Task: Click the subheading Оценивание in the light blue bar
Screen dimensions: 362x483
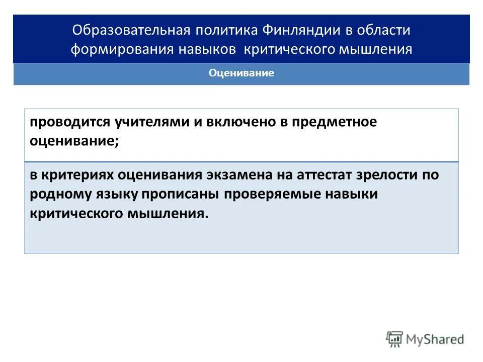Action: (x=241, y=73)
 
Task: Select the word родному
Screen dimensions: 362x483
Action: (x=58, y=194)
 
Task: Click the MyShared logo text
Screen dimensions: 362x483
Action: (x=435, y=339)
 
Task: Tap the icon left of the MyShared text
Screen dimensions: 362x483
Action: (x=394, y=339)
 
